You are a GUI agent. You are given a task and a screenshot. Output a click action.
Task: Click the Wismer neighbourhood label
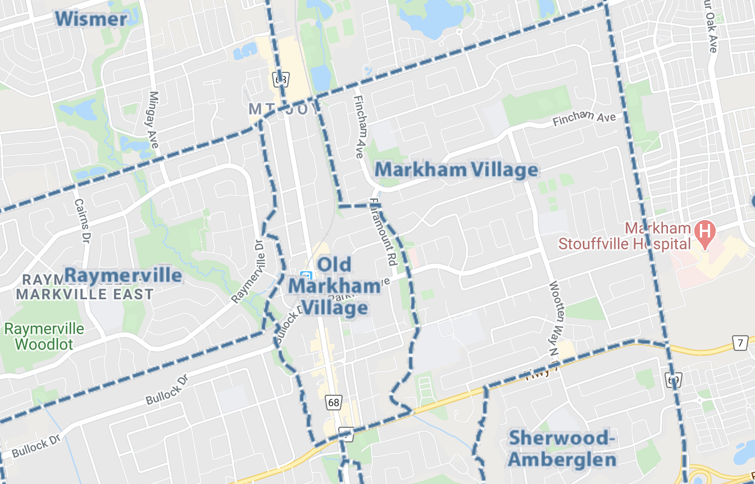tap(91, 19)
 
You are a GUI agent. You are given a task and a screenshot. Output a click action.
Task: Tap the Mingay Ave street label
tap(153, 120)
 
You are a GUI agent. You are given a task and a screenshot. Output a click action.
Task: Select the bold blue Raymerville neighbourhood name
tap(124, 276)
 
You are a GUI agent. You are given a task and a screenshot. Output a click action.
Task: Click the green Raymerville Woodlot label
tap(44, 336)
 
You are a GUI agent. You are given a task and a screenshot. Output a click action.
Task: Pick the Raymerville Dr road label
tap(248, 272)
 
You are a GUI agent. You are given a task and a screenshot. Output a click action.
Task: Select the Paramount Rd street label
tap(384, 232)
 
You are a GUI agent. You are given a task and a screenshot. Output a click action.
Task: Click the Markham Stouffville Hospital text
tap(625, 236)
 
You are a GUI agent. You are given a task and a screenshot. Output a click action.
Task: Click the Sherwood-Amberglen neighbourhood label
tap(560, 448)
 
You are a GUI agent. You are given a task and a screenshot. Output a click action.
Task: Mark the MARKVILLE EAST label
tap(84, 294)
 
